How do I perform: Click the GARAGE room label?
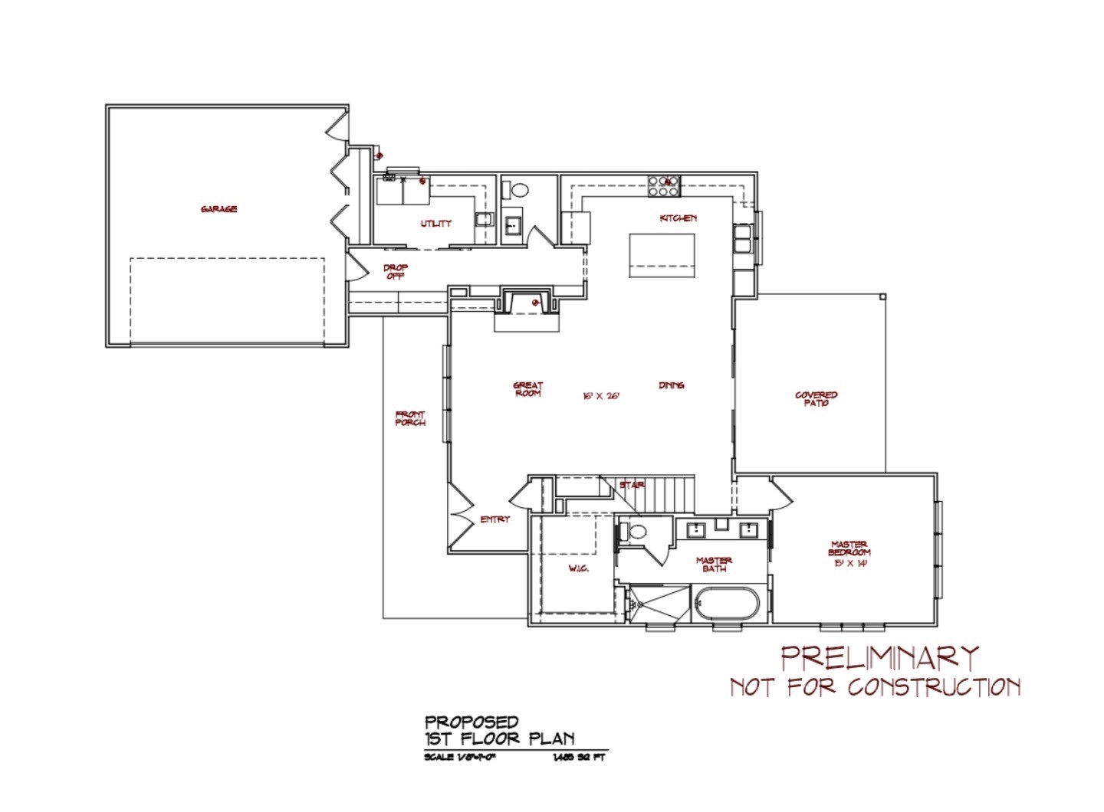[x=219, y=209]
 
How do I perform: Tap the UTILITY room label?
[x=435, y=224]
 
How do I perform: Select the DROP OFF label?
[x=396, y=272]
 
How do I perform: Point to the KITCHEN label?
[x=678, y=218]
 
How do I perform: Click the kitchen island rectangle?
[x=662, y=255]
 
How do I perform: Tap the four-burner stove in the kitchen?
[x=664, y=182]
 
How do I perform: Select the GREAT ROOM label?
[x=528, y=389]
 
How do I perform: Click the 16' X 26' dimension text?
[x=600, y=396]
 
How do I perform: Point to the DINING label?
[x=671, y=385]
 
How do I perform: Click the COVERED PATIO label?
[x=816, y=399]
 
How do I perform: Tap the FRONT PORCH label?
[x=410, y=418]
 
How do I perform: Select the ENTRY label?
[x=495, y=519]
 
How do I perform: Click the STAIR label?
[x=632, y=485]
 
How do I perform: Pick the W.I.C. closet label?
[x=578, y=568]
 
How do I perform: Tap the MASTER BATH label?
[x=714, y=564]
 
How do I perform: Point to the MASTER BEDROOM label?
[x=849, y=552]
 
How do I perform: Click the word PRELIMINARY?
[x=879, y=657]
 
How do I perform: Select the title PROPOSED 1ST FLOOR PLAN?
[x=499, y=730]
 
